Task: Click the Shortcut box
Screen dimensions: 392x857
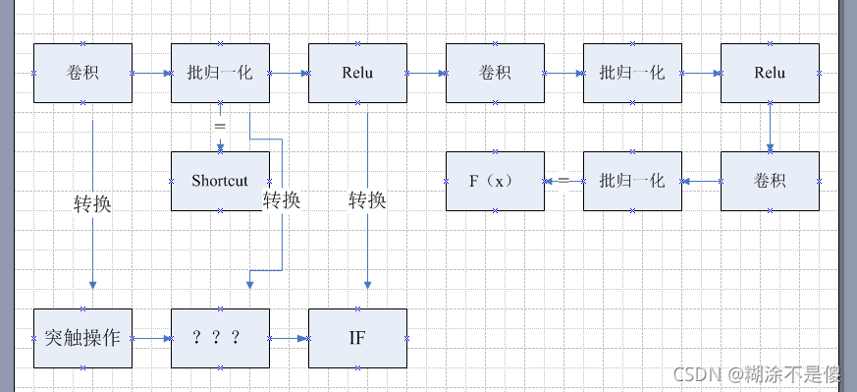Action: (x=220, y=181)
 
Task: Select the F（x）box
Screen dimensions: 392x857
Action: (x=495, y=181)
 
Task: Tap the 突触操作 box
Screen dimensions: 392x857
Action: (x=82, y=338)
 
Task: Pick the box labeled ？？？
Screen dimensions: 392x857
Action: (x=220, y=338)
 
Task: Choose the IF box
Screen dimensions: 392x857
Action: (x=357, y=338)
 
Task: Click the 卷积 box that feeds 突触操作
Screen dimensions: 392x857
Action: (x=82, y=73)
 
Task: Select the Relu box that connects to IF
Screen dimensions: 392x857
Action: (x=357, y=73)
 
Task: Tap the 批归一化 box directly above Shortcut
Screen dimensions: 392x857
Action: (x=220, y=73)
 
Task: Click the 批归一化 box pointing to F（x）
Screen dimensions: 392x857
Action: (x=632, y=181)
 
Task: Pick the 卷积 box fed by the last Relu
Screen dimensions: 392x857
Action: (x=770, y=181)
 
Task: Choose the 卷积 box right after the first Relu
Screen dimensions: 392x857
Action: (x=495, y=73)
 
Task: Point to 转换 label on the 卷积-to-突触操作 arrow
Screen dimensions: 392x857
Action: (x=92, y=204)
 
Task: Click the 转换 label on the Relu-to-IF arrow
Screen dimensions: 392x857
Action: (x=367, y=200)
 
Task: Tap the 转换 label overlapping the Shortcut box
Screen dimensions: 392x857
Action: (x=282, y=200)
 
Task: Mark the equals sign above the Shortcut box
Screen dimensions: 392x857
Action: (x=220, y=127)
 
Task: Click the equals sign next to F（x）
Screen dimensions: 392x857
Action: (x=563, y=181)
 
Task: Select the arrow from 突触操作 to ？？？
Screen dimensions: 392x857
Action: (x=151, y=338)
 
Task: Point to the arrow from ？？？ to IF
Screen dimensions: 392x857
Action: (x=289, y=338)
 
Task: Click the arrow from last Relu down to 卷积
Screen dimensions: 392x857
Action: (x=770, y=127)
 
